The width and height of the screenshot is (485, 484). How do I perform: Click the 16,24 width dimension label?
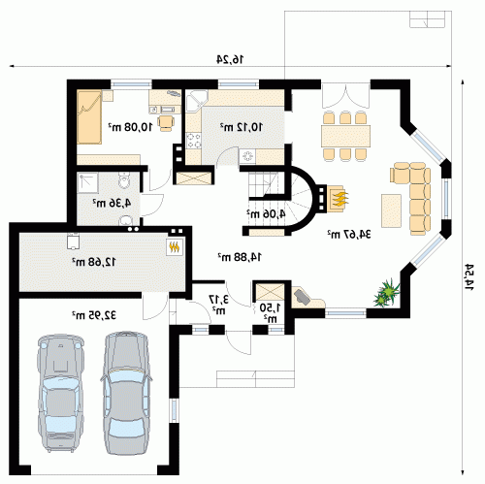pyautogui.click(x=230, y=59)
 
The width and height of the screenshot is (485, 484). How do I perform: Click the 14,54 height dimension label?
pyautogui.click(x=469, y=276)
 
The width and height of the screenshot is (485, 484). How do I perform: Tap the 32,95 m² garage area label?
pyautogui.click(x=94, y=315)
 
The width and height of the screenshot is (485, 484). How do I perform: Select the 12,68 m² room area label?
pyautogui.click(x=93, y=262)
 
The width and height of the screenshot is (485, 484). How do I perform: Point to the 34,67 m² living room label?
pyautogui.click(x=348, y=234)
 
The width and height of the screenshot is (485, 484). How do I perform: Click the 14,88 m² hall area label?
pyautogui.click(x=240, y=257)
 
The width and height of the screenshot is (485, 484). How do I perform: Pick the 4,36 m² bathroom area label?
pyautogui.click(x=112, y=203)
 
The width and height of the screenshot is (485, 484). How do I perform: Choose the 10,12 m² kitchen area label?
pyautogui.click(x=242, y=127)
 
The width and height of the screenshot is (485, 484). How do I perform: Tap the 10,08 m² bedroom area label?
pyautogui.click(x=130, y=127)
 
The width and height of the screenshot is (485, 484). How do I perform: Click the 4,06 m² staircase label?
pyautogui.click(x=266, y=213)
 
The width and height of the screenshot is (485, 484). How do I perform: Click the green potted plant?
pyautogui.click(x=387, y=293)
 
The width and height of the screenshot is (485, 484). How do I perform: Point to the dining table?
pyautogui.click(x=345, y=136)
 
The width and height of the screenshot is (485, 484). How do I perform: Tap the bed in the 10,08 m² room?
pyautogui.click(x=89, y=117)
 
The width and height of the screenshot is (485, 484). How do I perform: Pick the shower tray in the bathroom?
pyautogui.click(x=87, y=183)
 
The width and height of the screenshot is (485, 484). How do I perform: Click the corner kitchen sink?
pyautogui.click(x=196, y=101)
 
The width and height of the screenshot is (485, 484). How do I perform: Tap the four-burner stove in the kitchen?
pyautogui.click(x=194, y=141)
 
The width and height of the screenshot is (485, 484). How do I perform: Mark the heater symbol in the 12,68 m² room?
pyautogui.click(x=175, y=247)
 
